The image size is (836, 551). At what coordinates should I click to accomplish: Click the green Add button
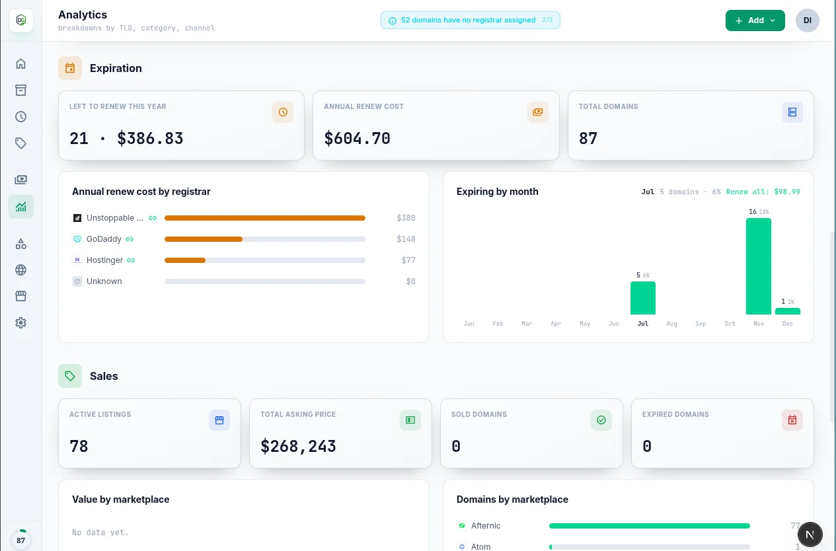755,20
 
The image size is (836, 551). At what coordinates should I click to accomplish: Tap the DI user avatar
808,20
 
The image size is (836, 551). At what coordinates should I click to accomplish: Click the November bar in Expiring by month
759,266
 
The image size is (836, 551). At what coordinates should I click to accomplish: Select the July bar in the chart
642,298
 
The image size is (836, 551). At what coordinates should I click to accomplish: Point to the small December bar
788,311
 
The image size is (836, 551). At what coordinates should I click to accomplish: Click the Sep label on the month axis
701,324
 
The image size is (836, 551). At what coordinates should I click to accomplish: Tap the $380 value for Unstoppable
406,218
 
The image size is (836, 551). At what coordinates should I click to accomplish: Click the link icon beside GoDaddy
130,239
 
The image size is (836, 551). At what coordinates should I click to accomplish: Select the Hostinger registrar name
104,260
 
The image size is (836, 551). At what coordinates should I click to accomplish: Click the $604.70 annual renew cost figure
357,138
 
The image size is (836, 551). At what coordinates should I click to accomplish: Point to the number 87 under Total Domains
588,138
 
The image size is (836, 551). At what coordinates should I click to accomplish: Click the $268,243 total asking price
298,446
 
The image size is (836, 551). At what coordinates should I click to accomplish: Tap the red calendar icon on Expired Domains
792,420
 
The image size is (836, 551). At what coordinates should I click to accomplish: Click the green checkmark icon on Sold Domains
601,420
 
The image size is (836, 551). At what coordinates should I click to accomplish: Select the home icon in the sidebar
21,64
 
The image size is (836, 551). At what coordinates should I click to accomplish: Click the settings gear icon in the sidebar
21,322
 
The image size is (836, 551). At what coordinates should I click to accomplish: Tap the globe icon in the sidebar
21,270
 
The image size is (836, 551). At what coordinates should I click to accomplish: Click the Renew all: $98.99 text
763,192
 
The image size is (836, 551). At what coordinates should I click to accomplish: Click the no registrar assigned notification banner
471,20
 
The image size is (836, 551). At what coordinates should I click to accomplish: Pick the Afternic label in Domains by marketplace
486,526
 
